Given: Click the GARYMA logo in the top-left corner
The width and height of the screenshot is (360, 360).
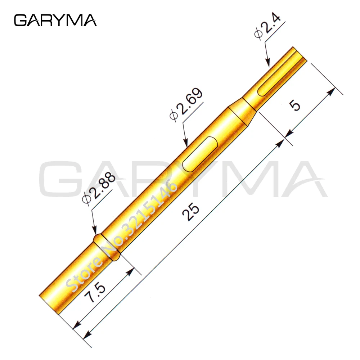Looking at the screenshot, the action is tap(55, 21).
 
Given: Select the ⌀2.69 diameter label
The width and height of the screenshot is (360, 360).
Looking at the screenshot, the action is tap(186, 104).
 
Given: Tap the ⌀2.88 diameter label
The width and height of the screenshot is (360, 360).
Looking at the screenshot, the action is tap(99, 188).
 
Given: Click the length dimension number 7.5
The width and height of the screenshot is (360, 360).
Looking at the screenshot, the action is tap(95, 292).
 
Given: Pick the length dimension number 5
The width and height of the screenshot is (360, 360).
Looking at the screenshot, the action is tap(295, 105).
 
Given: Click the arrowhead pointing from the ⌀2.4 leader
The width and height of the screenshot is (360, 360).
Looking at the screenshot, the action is tap(267, 63).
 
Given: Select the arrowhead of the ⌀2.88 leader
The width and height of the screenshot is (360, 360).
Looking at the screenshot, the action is tap(94, 230).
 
